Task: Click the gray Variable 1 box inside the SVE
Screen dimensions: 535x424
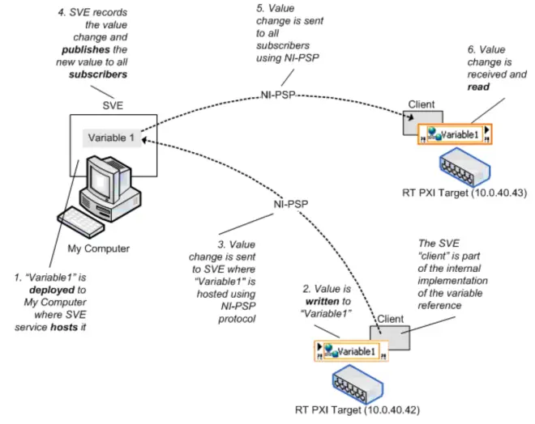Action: (x=112, y=138)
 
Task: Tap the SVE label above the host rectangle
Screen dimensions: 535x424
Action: (x=113, y=105)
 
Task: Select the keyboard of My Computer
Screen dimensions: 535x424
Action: (x=81, y=222)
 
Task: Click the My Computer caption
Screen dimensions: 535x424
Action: (x=99, y=248)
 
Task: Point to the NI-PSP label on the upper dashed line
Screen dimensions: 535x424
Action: (x=278, y=95)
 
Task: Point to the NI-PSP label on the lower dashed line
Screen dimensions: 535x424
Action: (x=291, y=204)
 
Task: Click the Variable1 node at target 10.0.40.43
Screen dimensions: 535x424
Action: (x=455, y=134)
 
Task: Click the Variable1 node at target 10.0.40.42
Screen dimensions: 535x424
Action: (x=351, y=351)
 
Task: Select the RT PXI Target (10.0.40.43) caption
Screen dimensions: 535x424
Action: (x=464, y=193)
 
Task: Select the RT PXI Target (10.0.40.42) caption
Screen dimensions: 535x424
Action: (x=357, y=409)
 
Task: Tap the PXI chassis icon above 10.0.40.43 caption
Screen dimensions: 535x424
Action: (x=464, y=167)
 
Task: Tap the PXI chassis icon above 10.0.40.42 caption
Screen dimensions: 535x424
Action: (x=357, y=384)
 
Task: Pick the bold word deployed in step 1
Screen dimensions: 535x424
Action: (x=52, y=290)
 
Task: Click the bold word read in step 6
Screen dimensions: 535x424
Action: (x=478, y=87)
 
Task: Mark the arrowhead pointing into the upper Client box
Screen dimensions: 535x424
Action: (x=410, y=117)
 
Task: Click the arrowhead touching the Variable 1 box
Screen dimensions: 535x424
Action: (x=144, y=140)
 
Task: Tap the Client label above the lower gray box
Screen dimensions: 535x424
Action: (x=391, y=319)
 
